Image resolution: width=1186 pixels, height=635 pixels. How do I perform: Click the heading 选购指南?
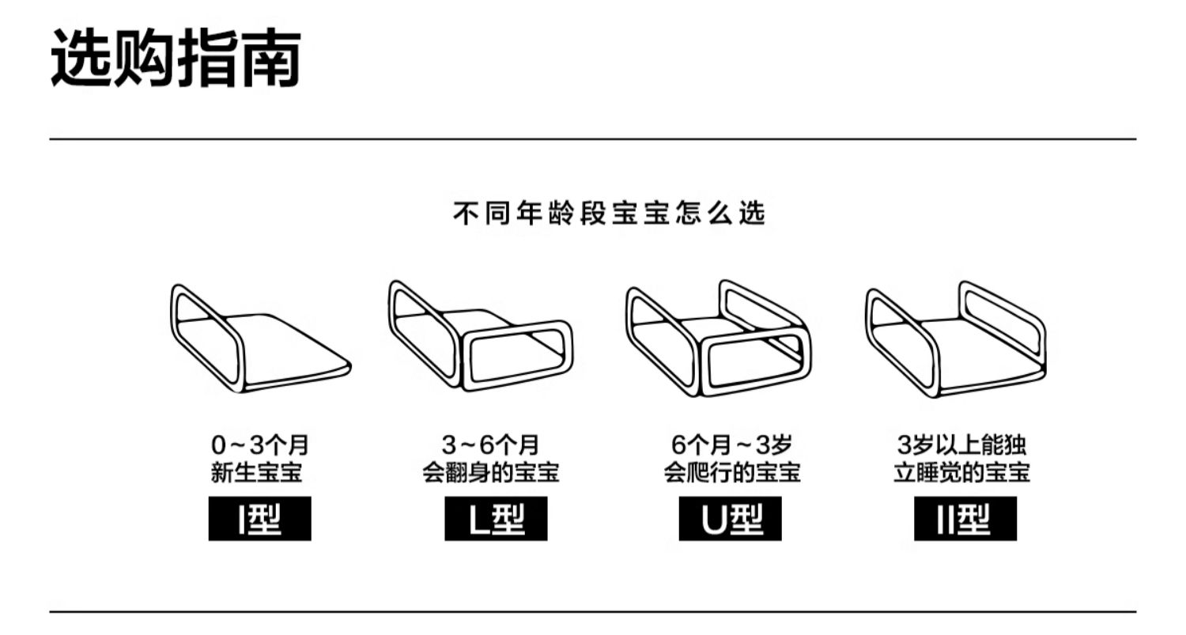click(x=176, y=58)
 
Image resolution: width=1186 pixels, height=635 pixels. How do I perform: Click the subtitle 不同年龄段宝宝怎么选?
click(x=609, y=214)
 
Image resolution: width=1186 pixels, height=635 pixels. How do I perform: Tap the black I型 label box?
click(x=259, y=519)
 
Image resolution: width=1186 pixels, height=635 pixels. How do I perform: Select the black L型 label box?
click(x=496, y=519)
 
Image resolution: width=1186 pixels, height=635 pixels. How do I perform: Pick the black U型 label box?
click(x=730, y=519)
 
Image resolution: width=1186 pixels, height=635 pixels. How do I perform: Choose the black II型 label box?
click(x=965, y=519)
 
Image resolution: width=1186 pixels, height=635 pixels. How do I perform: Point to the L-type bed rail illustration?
click(x=480, y=336)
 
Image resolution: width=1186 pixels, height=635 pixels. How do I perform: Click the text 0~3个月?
click(x=259, y=444)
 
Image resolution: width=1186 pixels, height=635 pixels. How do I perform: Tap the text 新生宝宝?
click(x=257, y=473)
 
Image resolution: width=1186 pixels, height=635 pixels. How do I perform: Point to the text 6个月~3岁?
click(x=731, y=444)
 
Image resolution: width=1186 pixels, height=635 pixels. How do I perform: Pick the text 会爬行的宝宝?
click(x=731, y=473)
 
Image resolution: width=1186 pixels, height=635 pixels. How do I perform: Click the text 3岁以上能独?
click(x=962, y=444)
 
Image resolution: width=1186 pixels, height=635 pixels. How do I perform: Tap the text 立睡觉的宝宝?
click(x=962, y=473)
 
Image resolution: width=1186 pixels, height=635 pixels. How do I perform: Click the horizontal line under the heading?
click(x=593, y=139)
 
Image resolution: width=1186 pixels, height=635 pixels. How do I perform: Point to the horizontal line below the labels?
click(x=593, y=611)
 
